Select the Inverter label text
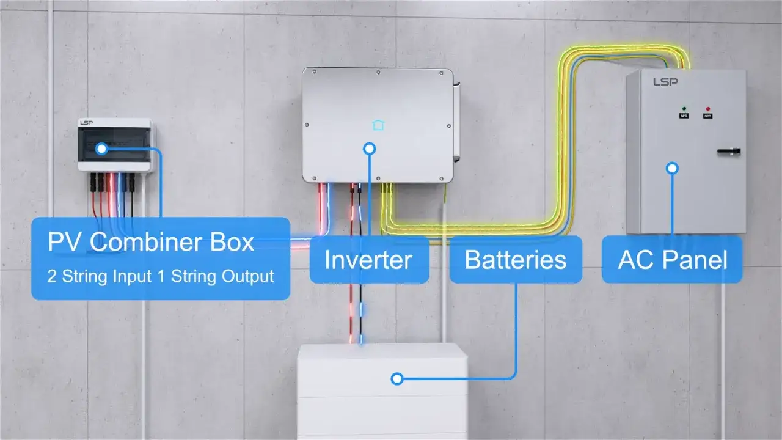368,260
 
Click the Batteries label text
515,260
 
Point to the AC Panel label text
673,260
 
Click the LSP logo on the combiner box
86,123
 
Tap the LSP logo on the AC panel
665,81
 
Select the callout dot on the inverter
369,148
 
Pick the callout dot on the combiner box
101,148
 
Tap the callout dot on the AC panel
672,167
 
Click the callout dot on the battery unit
397,379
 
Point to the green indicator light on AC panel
684,108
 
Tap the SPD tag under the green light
684,116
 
